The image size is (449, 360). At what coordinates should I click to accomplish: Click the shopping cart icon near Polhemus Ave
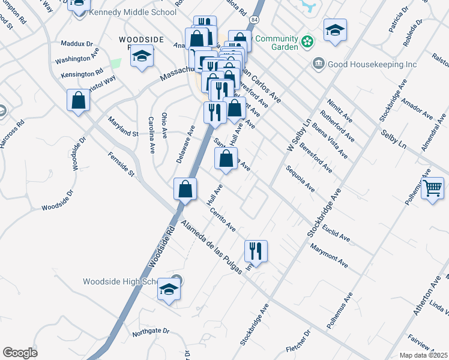[432, 190]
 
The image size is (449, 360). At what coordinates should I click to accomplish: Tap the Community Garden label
[276, 43]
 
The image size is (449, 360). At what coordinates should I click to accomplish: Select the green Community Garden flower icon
[307, 41]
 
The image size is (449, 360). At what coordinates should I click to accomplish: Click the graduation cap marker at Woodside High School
[169, 290]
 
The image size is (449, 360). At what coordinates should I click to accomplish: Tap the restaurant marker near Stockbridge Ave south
[256, 251]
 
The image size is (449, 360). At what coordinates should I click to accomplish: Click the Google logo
[20, 353]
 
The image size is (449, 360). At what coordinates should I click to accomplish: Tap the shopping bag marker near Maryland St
[79, 100]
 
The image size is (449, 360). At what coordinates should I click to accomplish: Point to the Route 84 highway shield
[256, 20]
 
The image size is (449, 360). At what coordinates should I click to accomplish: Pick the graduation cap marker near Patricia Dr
[335, 30]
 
